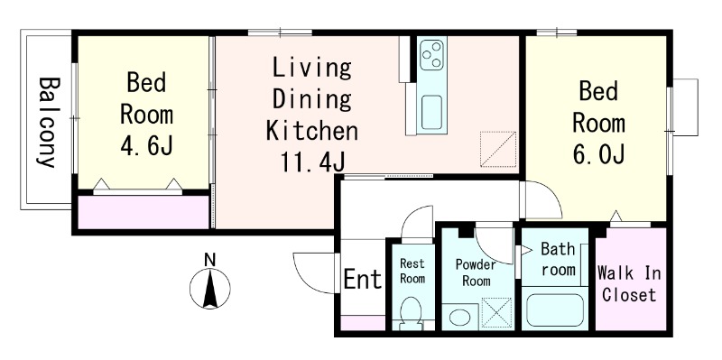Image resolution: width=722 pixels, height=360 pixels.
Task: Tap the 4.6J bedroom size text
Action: pyautogui.click(x=147, y=145)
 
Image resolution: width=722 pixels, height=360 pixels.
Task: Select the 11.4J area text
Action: pyautogui.click(x=312, y=162)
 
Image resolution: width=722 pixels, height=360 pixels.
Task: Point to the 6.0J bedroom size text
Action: pyautogui.click(x=598, y=153)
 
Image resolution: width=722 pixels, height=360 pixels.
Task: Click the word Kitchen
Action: pyautogui.click(x=312, y=130)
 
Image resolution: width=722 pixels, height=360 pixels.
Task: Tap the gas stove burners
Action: pyautogui.click(x=432, y=55)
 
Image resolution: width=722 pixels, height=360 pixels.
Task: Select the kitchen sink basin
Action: pyautogui.click(x=431, y=112)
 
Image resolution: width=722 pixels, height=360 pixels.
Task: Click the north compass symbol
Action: pyautogui.click(x=210, y=288)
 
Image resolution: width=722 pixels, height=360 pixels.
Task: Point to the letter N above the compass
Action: pyautogui.click(x=210, y=260)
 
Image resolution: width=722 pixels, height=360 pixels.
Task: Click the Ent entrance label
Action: pyautogui.click(x=364, y=279)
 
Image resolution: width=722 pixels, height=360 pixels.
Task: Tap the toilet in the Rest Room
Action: pyautogui.click(x=411, y=313)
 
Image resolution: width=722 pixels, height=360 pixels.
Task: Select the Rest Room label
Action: pyautogui.click(x=412, y=271)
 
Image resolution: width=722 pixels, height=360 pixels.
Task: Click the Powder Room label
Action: pyautogui.click(x=477, y=272)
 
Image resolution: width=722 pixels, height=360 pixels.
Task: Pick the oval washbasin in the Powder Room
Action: pyautogui.click(x=459, y=317)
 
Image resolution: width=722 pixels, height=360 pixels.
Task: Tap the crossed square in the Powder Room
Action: pyautogui.click(x=496, y=313)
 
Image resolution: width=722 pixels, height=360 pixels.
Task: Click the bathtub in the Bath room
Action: pyautogui.click(x=555, y=309)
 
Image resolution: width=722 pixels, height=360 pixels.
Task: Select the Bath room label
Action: pyautogui.click(x=558, y=259)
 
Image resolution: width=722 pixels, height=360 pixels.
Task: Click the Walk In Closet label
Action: pyautogui.click(x=629, y=284)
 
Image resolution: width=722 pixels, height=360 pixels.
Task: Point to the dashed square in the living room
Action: pyautogui.click(x=498, y=149)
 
